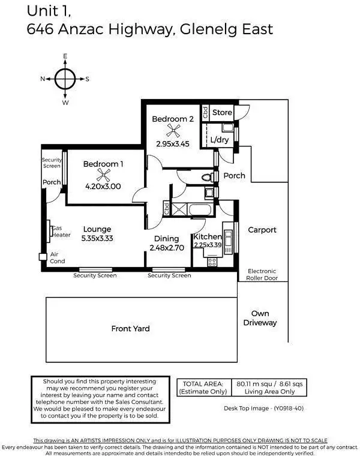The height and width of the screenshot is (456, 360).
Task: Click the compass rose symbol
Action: click(x=65, y=79)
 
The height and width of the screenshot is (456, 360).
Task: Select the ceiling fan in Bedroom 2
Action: click(x=173, y=133)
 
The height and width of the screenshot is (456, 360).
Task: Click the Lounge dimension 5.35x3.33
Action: click(x=97, y=238)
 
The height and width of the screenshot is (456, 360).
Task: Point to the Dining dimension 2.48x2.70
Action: click(x=166, y=247)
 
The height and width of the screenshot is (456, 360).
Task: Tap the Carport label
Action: click(x=262, y=230)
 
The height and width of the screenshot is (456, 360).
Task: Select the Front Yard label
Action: click(x=130, y=328)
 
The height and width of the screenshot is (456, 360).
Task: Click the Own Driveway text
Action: click(x=260, y=318)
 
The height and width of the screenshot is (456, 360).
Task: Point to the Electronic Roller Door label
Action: click(x=262, y=275)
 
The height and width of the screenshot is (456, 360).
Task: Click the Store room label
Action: click(x=222, y=112)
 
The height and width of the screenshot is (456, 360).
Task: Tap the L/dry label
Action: click(x=219, y=140)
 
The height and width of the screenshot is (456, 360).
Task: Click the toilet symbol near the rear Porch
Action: click(x=206, y=177)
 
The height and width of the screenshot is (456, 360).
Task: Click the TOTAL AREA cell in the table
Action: click(x=202, y=387)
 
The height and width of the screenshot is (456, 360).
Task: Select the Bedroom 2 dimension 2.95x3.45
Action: click(x=173, y=144)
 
